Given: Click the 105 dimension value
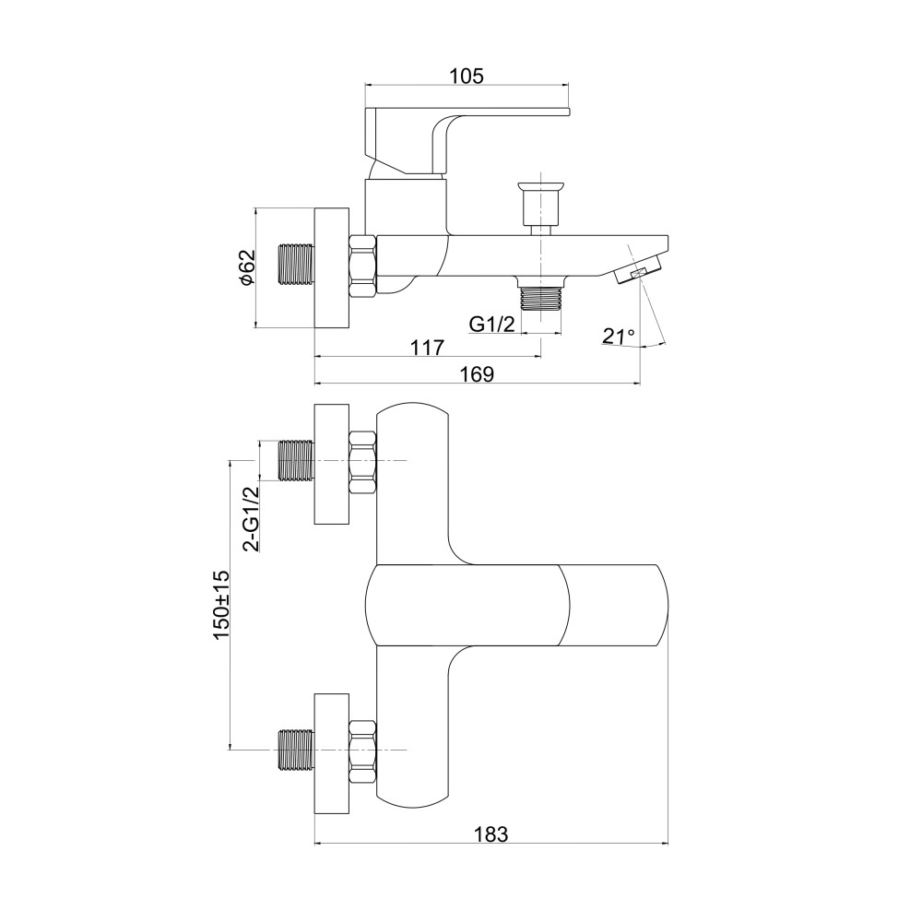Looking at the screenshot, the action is point(467,76).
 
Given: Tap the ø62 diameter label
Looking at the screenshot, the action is point(248,267).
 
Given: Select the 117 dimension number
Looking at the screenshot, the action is point(428,348).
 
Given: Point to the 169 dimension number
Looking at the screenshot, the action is point(477,374).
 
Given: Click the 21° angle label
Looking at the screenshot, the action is point(619,336).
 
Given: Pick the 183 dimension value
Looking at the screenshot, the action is point(491,833).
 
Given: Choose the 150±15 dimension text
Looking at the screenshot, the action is point(221,605).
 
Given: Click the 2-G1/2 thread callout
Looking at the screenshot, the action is point(251,518).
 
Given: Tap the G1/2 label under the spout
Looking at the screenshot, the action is point(492,324).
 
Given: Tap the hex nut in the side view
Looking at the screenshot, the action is point(362,267).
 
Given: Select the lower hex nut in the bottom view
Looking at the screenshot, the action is point(362,751).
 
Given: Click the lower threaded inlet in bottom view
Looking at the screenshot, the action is point(296,751).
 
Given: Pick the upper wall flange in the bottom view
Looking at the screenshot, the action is point(332,464).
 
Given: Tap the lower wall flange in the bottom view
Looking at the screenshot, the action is point(332,753).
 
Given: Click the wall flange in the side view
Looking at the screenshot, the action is point(332,267).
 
